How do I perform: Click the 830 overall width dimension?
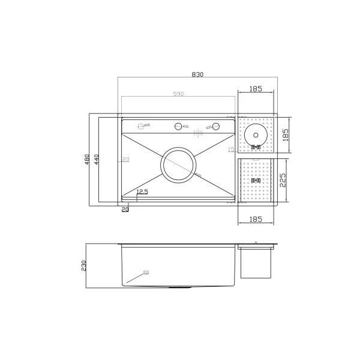click(x=197, y=74)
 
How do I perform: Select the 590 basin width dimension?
click(x=178, y=94)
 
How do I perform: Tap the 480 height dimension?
click(x=87, y=160)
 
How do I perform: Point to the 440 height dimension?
click(x=96, y=160)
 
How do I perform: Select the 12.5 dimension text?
click(x=142, y=192)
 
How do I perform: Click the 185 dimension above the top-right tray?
click(x=255, y=89)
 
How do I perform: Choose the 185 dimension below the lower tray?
click(x=255, y=220)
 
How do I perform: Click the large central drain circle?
click(x=178, y=164)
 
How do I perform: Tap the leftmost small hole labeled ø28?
click(x=142, y=126)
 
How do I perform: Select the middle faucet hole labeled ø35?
click(x=178, y=127)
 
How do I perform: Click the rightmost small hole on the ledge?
click(x=215, y=127)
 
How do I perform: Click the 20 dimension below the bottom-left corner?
click(x=125, y=209)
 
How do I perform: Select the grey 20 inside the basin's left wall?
click(x=125, y=160)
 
